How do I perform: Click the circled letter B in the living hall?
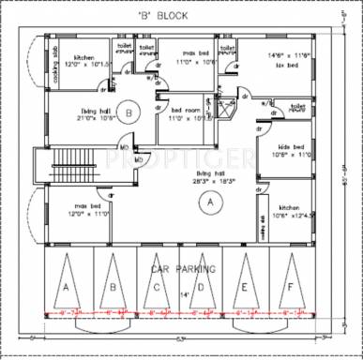pyautogui.click(x=131, y=112)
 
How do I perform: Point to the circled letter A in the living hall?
pyautogui.click(x=210, y=201)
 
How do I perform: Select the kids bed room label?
pyautogui.click(x=293, y=152)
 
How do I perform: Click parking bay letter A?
pyautogui.click(x=67, y=287)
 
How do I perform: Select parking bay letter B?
pyautogui.click(x=112, y=287)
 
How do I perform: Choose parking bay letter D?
pyautogui.click(x=201, y=287)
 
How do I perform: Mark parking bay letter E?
pyautogui.click(x=245, y=287)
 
